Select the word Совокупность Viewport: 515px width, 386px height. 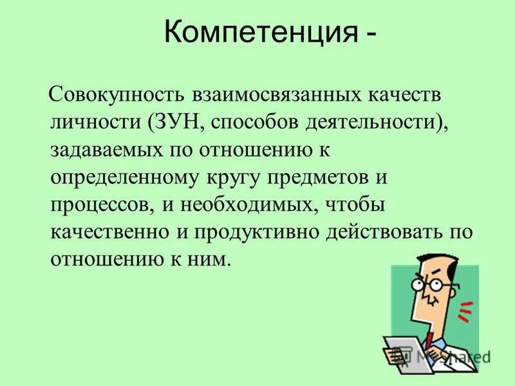[x=115, y=95]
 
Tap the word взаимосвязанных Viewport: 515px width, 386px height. [x=273, y=95]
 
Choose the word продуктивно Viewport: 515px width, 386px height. [x=246, y=233]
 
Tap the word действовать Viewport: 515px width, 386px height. [x=379, y=233]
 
